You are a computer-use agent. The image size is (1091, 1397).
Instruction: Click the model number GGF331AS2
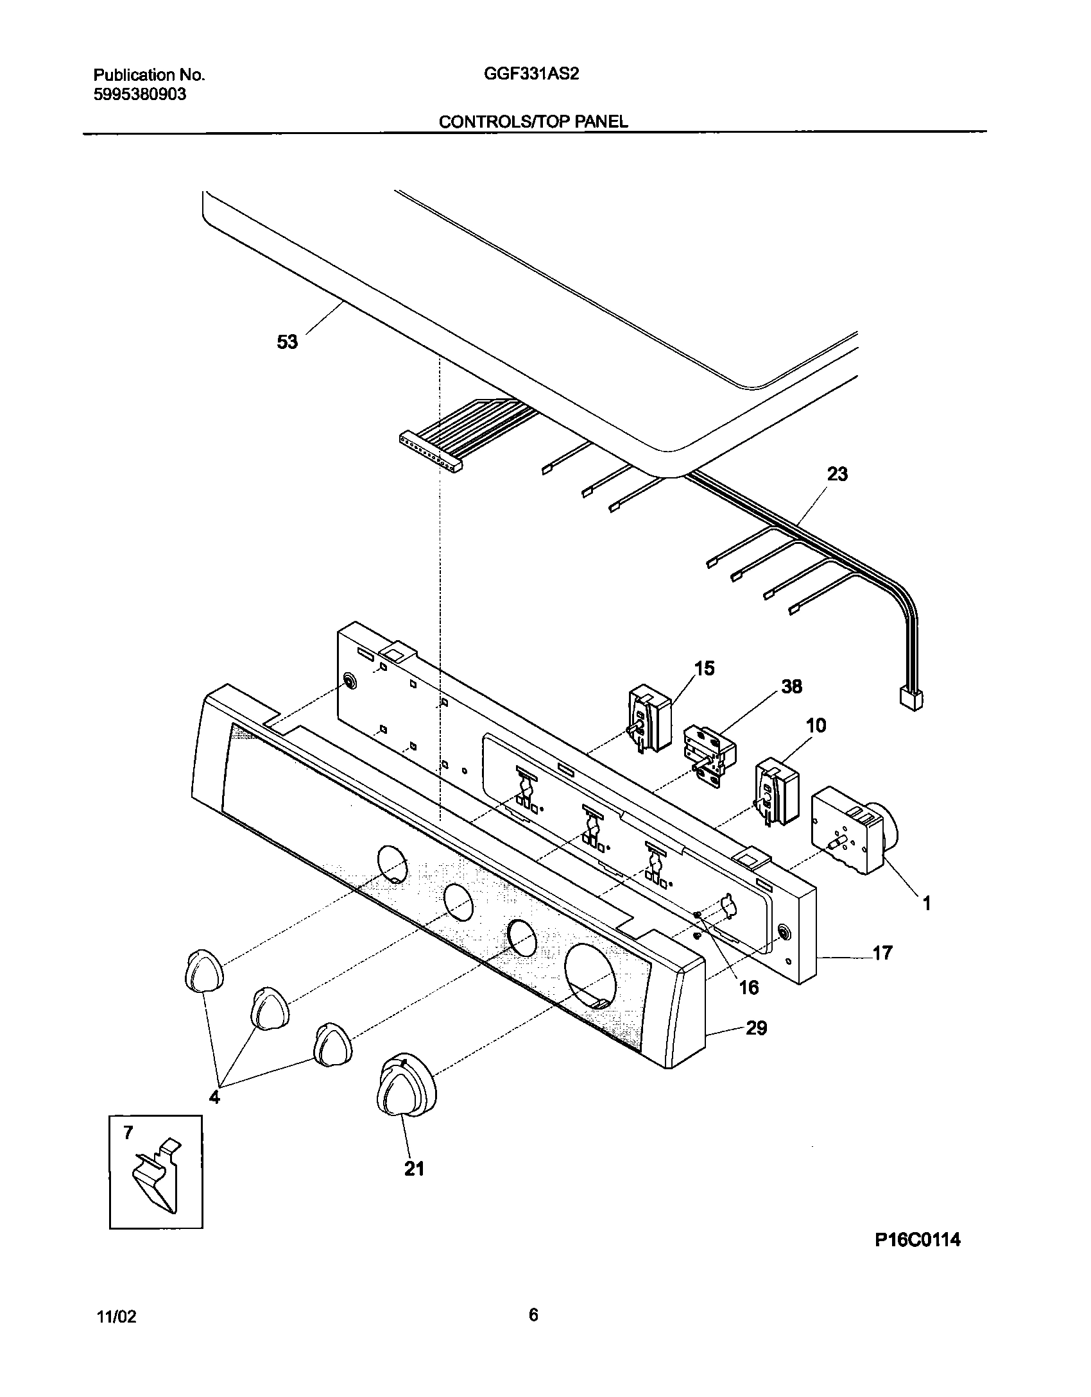(x=531, y=74)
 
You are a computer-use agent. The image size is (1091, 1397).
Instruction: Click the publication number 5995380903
(x=140, y=94)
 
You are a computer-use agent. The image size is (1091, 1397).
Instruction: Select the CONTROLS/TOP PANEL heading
(x=533, y=122)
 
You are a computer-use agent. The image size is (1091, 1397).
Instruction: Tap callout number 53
(x=288, y=342)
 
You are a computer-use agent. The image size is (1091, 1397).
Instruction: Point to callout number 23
(x=838, y=474)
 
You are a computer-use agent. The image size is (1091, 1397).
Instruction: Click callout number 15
(x=704, y=668)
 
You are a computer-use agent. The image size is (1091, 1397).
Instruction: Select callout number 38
(x=791, y=686)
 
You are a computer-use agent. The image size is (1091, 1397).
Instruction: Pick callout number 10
(x=816, y=725)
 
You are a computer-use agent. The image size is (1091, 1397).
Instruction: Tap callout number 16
(x=749, y=987)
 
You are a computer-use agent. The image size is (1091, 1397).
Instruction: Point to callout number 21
(x=414, y=1169)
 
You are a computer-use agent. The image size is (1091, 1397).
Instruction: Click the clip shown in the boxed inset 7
(x=157, y=1177)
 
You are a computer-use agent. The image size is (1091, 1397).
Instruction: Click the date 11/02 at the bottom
(x=116, y=1317)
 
